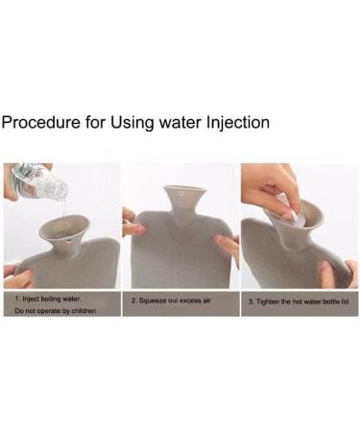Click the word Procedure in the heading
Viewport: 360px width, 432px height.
click(40, 122)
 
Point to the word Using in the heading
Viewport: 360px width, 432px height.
click(132, 124)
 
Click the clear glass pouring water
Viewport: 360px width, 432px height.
click(40, 181)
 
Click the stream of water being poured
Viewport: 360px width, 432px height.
click(64, 210)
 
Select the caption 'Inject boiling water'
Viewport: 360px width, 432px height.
click(48, 299)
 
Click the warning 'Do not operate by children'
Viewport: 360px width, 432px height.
click(55, 311)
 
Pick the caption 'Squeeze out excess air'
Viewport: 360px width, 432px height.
click(171, 300)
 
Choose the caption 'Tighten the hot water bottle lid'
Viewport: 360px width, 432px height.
click(299, 301)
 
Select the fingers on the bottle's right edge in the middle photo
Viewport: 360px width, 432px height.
click(228, 246)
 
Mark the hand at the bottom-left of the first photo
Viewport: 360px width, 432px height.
click(16, 276)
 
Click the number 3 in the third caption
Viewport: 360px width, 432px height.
click(251, 301)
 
